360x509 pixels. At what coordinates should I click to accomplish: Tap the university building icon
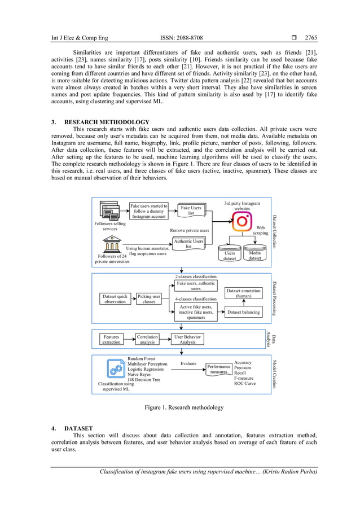click(112, 245)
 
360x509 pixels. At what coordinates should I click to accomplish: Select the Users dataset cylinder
click(230, 255)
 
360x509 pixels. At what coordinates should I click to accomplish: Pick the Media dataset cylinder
click(254, 255)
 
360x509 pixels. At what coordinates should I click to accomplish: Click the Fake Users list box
click(191, 210)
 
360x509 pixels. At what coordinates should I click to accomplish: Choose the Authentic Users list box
click(188, 243)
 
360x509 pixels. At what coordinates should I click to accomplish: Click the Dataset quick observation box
click(115, 299)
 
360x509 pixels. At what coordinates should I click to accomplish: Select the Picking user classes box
click(148, 299)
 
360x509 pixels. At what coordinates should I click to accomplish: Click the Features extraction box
click(111, 339)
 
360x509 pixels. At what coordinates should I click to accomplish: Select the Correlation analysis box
click(147, 339)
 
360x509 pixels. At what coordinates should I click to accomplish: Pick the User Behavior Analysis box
click(187, 339)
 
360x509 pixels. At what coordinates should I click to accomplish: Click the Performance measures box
click(218, 369)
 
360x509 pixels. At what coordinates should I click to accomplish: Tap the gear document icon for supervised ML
click(116, 370)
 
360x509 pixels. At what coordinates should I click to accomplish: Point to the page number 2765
click(311, 38)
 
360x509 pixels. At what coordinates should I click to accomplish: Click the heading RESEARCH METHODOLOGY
click(107, 122)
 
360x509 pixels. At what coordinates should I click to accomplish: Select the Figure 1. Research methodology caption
click(184, 407)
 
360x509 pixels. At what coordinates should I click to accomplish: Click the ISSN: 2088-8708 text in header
click(181, 38)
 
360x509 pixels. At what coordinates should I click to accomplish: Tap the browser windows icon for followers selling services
click(108, 210)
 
